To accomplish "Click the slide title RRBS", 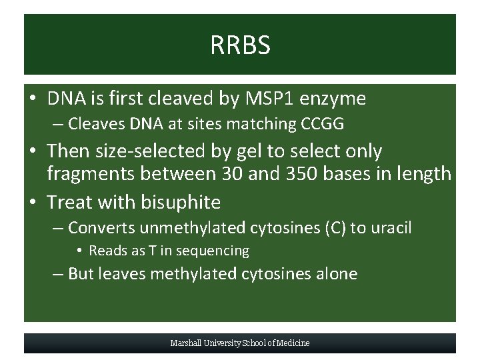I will [x=240, y=45].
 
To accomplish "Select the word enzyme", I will [x=333, y=99].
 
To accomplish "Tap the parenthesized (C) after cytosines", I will [x=334, y=228].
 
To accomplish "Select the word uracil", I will [x=390, y=228].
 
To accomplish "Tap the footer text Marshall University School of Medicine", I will [x=240, y=343].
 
